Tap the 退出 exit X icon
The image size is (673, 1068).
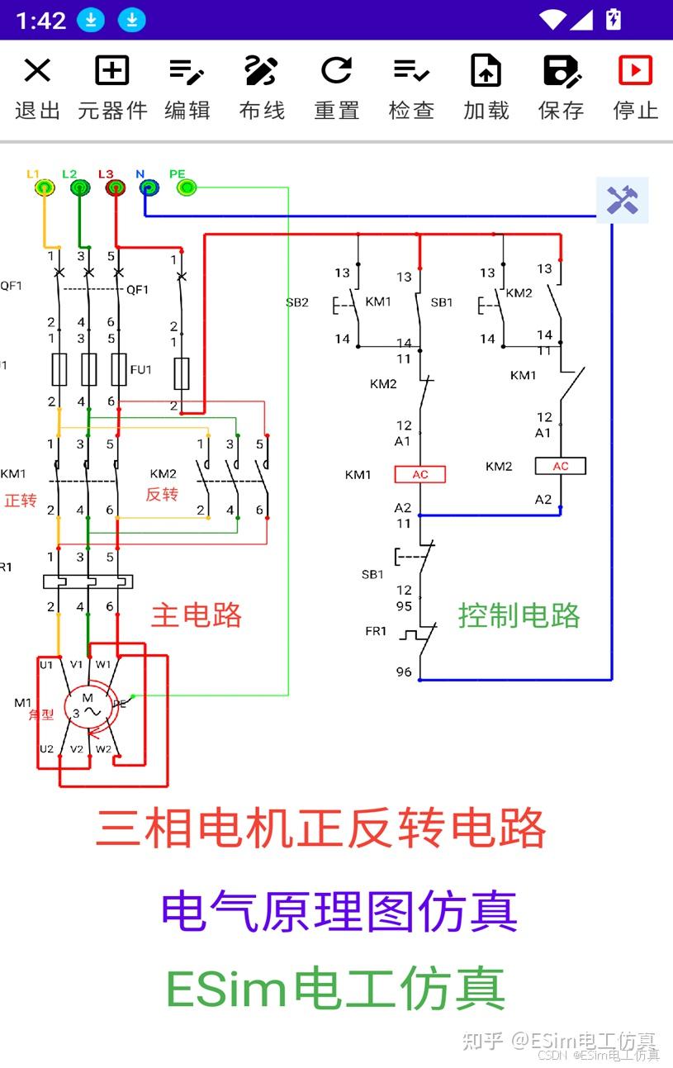pyautogui.click(x=37, y=70)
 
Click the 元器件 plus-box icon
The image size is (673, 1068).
pyautogui.click(x=112, y=70)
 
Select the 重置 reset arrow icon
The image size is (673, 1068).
pyautogui.click(x=337, y=70)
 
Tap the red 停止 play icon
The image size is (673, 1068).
pyautogui.click(x=635, y=70)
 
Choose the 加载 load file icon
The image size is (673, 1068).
pyautogui.click(x=486, y=70)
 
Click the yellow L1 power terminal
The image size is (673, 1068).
pyautogui.click(x=45, y=187)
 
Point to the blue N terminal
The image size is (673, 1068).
pyautogui.click(x=149, y=187)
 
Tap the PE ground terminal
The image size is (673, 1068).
pyautogui.click(x=187, y=187)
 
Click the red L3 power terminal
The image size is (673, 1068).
pyautogui.click(x=115, y=187)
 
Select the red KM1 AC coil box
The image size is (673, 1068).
pyautogui.click(x=420, y=474)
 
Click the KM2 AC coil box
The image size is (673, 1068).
pyautogui.click(x=561, y=466)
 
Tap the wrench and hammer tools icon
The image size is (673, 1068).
pyautogui.click(x=623, y=200)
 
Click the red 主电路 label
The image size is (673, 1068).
pyautogui.click(x=197, y=615)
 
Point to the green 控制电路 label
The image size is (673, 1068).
pyautogui.click(x=519, y=615)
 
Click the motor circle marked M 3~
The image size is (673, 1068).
pyautogui.click(x=88, y=709)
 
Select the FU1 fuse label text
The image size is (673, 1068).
pyautogui.click(x=141, y=370)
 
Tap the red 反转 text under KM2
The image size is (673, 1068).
pyautogui.click(x=162, y=495)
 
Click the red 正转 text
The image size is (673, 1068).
pyautogui.click(x=21, y=501)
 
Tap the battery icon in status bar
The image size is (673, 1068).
pyautogui.click(x=614, y=20)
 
